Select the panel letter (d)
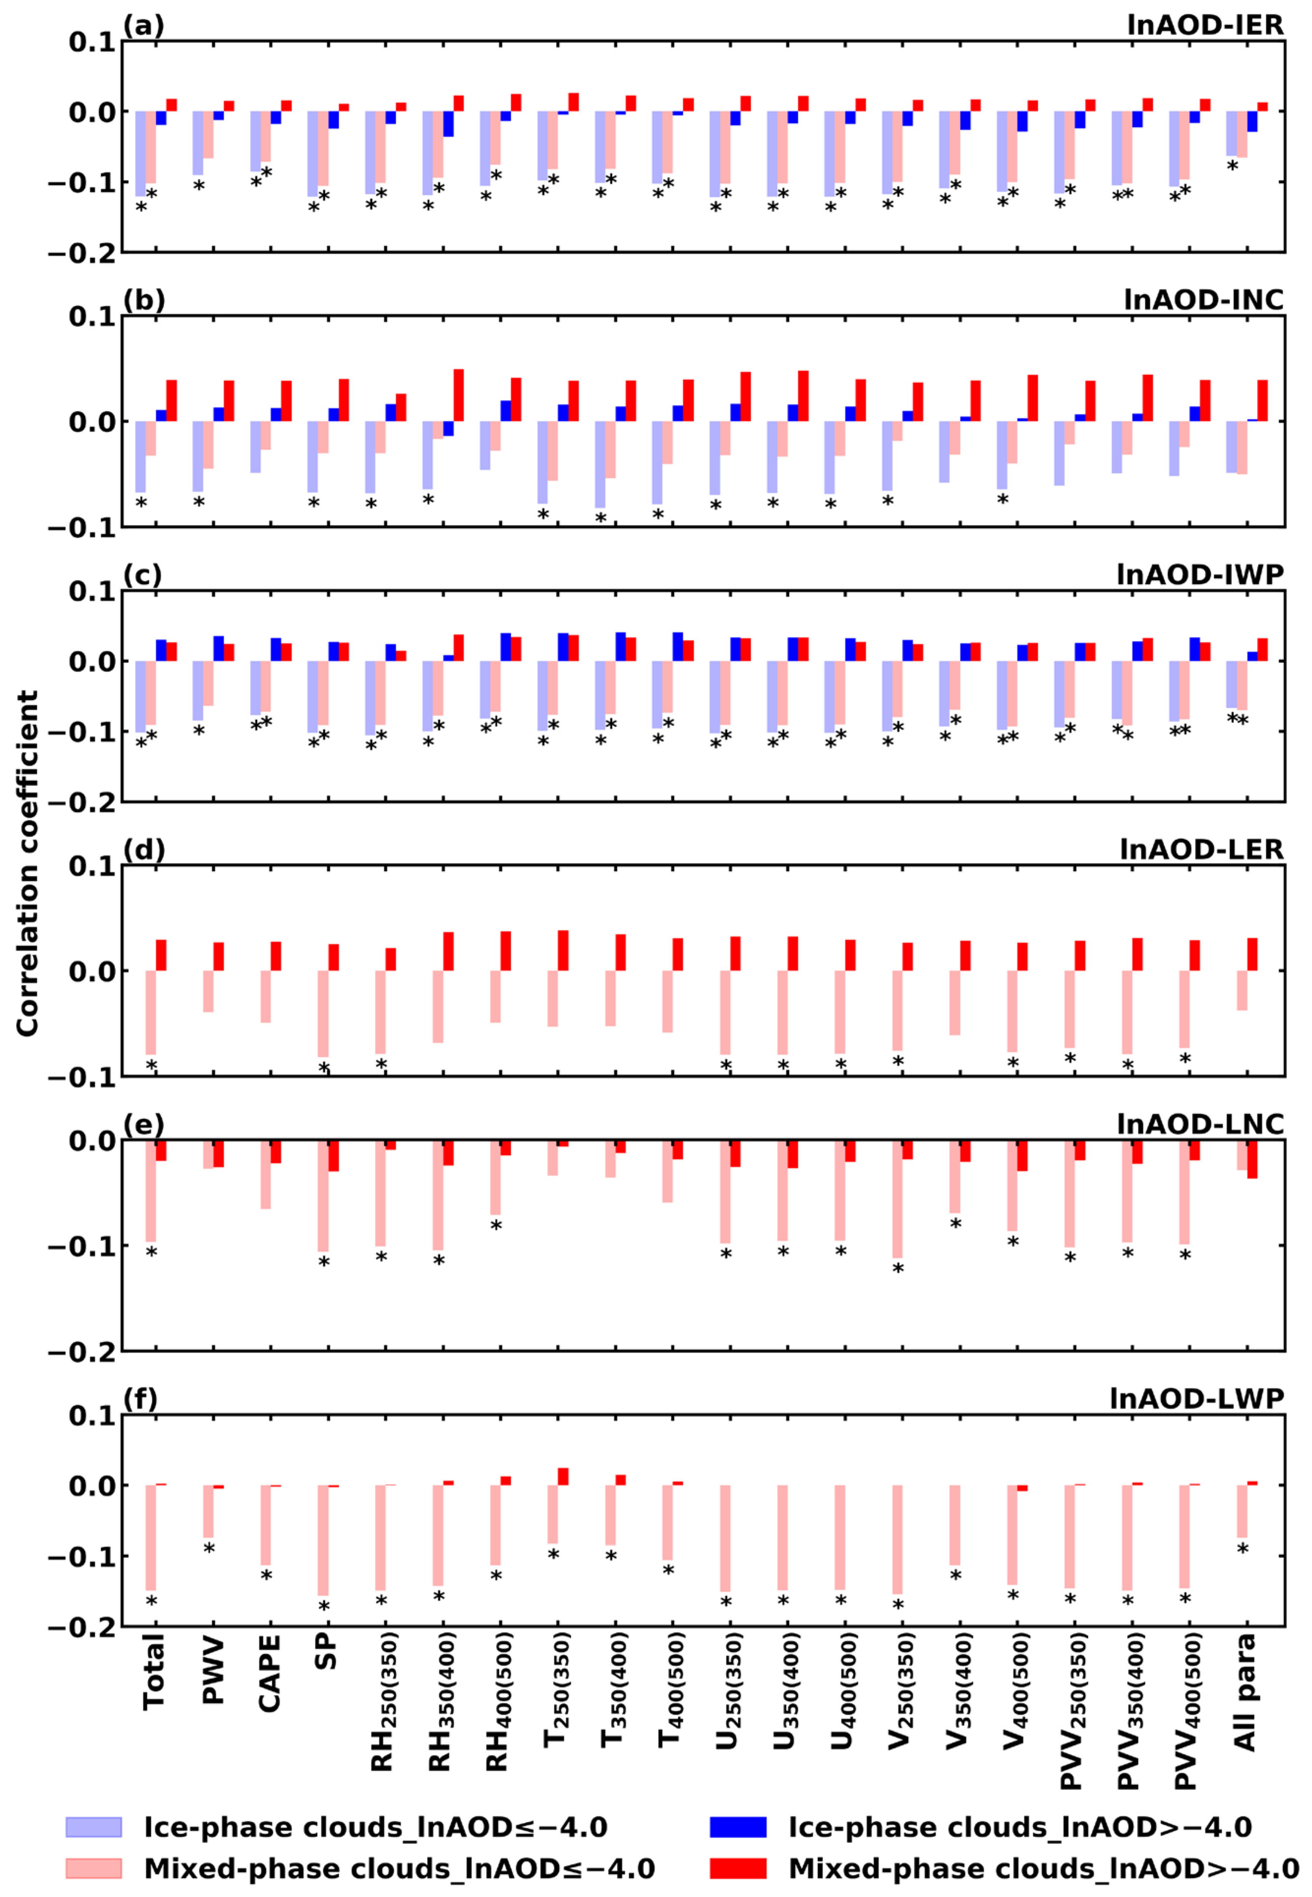pos(144,849)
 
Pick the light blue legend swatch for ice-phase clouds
pos(94,1826)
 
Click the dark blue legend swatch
pos(737,1826)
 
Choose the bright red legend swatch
pos(737,1868)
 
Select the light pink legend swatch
pos(94,1868)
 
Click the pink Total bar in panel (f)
pos(150,1537)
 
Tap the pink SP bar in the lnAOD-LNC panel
pos(323,1195)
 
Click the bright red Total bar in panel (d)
pos(161,955)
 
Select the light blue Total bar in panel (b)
pos(141,456)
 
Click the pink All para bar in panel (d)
pos(1242,990)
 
